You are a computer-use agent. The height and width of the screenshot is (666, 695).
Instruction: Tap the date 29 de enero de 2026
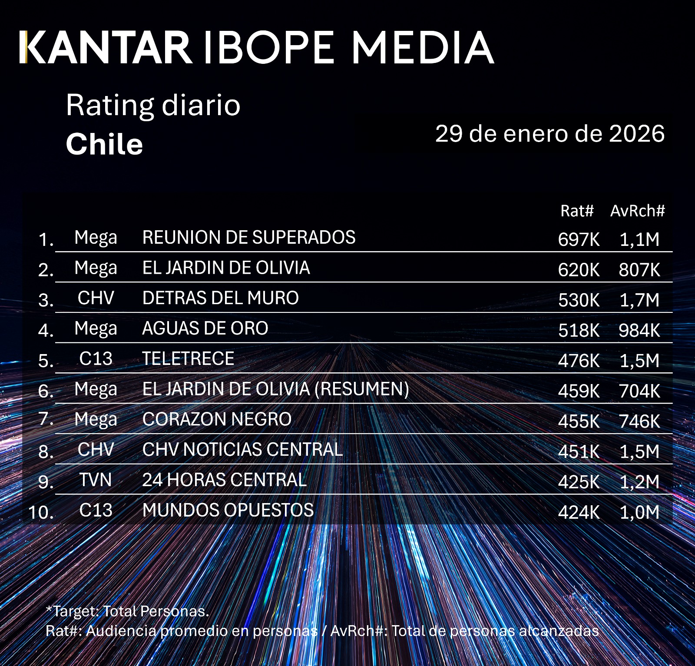(x=549, y=133)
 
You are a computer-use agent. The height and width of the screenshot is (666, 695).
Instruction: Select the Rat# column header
(x=576, y=211)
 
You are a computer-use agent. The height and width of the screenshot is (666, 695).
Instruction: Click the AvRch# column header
(x=637, y=211)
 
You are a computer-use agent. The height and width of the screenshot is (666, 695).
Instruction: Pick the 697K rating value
(x=579, y=239)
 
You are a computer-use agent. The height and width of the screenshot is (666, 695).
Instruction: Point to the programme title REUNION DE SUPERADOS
(x=248, y=238)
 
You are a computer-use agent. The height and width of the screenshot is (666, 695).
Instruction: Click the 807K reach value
(x=639, y=270)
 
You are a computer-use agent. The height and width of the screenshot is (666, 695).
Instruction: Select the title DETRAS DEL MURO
(x=220, y=298)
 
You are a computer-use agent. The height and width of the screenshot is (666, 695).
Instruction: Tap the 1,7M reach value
(x=639, y=300)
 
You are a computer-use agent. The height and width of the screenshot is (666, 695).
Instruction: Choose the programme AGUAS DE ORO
(x=205, y=328)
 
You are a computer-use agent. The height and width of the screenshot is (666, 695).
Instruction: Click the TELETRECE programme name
(x=188, y=359)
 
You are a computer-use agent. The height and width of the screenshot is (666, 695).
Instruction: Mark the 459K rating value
(x=579, y=391)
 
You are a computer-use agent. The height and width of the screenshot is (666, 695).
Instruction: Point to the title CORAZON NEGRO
(x=217, y=419)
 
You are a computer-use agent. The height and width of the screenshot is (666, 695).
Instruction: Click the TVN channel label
(x=96, y=480)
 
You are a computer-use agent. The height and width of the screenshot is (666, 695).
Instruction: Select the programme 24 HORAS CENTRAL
(x=224, y=480)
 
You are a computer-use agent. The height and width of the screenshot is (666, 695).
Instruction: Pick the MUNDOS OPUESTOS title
(x=228, y=510)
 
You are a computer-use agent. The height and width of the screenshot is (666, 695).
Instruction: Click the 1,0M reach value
(x=639, y=513)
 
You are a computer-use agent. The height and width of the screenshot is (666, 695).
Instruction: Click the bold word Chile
(x=104, y=144)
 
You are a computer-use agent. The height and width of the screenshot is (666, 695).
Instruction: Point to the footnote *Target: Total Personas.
(x=127, y=611)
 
